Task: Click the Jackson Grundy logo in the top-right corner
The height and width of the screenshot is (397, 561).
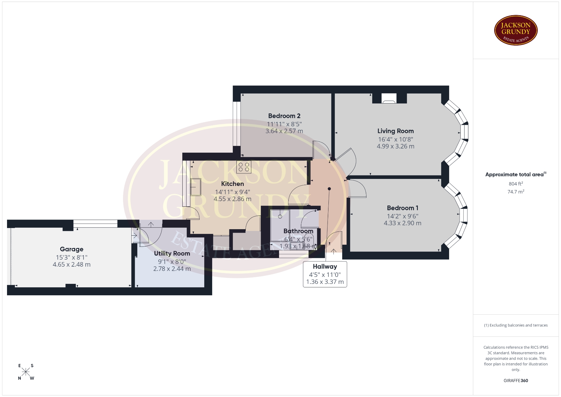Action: point(516,30)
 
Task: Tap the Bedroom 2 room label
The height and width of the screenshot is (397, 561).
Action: point(284,116)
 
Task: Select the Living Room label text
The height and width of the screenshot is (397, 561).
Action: point(395,131)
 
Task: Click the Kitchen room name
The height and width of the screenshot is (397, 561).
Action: point(233,184)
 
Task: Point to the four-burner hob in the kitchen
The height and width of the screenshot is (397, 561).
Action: point(244,167)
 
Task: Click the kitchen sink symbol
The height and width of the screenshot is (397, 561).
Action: point(195,187)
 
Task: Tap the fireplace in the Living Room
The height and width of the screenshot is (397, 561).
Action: point(389,99)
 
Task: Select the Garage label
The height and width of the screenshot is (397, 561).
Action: point(72,249)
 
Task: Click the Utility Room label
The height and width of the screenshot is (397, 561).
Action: point(172,253)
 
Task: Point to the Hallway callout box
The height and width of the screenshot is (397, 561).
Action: point(325,274)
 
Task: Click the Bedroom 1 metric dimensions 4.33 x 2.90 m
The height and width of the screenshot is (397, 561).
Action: point(403,223)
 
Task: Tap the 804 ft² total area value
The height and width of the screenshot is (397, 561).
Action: point(516,184)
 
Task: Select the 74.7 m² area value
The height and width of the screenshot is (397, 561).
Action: point(516,191)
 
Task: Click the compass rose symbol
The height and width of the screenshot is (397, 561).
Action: point(26,372)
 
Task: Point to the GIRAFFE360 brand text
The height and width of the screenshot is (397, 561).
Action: point(516,381)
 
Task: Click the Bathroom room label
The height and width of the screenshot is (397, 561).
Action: point(298,231)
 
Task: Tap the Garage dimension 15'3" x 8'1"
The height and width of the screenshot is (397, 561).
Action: point(72,258)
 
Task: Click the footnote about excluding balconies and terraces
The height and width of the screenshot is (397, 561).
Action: point(516,325)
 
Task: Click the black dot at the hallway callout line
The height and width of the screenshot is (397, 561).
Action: point(329,189)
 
